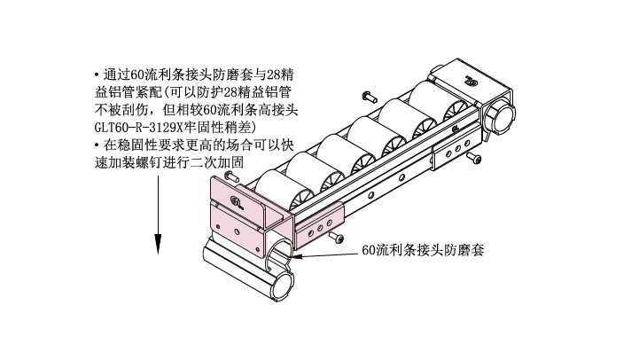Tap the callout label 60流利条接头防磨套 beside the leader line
coord(423,250)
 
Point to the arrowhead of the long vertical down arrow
coord(158,245)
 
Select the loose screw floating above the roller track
coord(370,97)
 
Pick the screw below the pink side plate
coord(337,237)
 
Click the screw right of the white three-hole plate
coord(474,157)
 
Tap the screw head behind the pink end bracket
coord(230,176)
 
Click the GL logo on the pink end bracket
coord(237,202)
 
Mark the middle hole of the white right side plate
coord(457,148)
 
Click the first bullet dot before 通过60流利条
coord(97,75)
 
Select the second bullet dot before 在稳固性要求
coord(97,145)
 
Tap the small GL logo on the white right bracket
coord(456,129)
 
